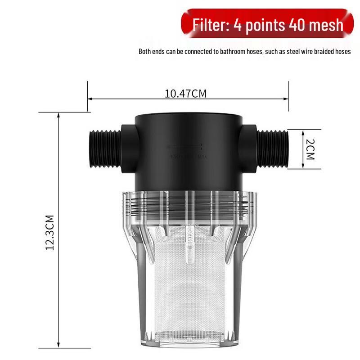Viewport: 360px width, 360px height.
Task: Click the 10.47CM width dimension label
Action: pos(185,94)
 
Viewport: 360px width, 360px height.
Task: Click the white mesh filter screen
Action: pos(187,288)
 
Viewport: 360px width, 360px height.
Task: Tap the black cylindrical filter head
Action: pos(189,148)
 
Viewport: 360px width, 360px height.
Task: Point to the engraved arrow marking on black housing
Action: pos(184,146)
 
